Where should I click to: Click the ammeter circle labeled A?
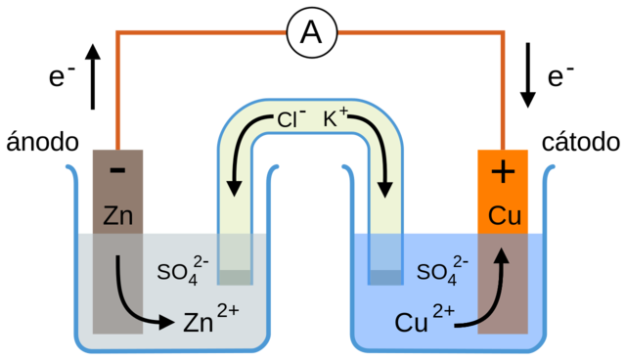pos(311,32)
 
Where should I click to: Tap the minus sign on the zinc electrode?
pos(117,170)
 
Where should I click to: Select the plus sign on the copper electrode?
pos(502,172)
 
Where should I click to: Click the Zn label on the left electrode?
pos(117,214)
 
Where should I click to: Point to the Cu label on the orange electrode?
pos(504,215)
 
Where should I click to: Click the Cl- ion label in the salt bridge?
pos(289,119)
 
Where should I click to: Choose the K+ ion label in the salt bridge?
pos(335,119)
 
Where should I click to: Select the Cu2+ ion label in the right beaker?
pos(425,320)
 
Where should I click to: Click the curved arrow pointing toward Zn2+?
pos(137,298)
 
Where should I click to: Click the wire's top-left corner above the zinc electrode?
pos(117,33)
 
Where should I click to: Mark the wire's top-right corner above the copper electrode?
pos(504,33)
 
